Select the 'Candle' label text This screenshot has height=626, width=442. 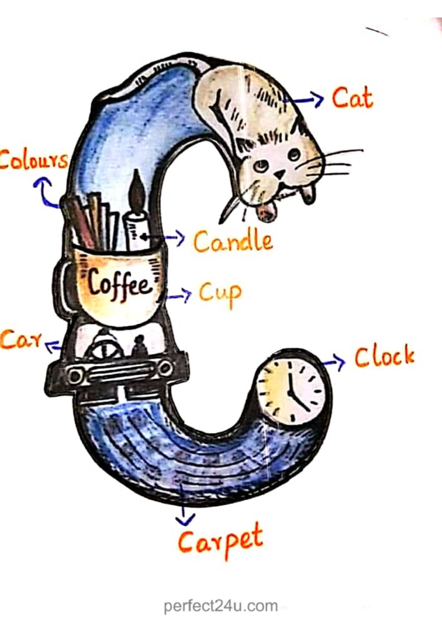click(233, 241)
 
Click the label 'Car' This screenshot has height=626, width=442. click(21, 339)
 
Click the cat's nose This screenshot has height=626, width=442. click(279, 174)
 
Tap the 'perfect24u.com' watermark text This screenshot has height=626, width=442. click(220, 606)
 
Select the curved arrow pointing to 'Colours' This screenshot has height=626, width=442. click(45, 191)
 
